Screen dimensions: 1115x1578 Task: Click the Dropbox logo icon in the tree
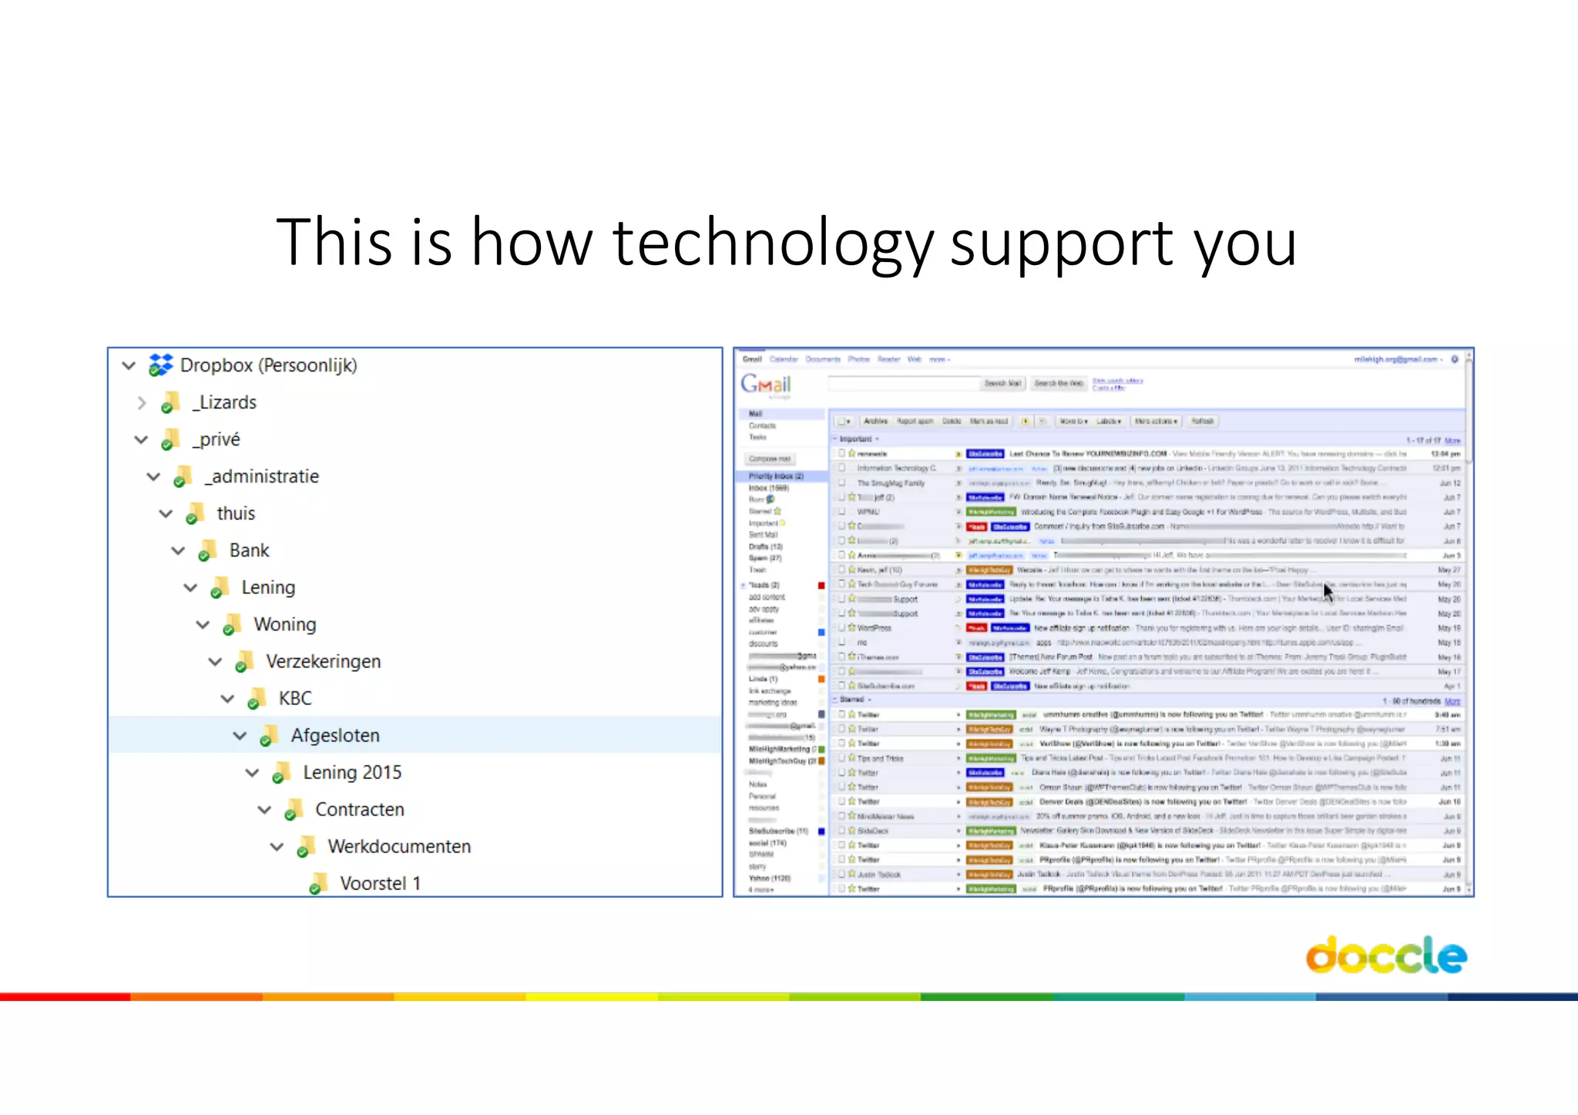160,364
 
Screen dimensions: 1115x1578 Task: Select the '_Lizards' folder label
224,402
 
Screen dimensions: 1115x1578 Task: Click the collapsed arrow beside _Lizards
141,402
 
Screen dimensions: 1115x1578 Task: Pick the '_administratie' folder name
262,476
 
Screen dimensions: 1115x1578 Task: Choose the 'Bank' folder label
249,550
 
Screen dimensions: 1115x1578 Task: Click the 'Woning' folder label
285,624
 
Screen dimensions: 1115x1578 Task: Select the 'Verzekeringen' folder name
323,661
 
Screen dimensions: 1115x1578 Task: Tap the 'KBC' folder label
295,698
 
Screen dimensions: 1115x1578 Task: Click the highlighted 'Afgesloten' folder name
335,735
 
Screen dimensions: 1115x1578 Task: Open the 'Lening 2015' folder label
352,772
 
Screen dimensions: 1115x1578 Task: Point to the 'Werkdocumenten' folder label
399,846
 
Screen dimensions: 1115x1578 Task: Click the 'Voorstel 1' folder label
380,883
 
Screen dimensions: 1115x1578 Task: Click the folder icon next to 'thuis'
195,513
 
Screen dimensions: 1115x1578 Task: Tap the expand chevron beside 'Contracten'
264,810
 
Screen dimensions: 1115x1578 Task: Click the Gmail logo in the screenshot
766,384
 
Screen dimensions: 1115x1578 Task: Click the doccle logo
1385,955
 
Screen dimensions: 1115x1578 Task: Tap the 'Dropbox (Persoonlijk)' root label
268,365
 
